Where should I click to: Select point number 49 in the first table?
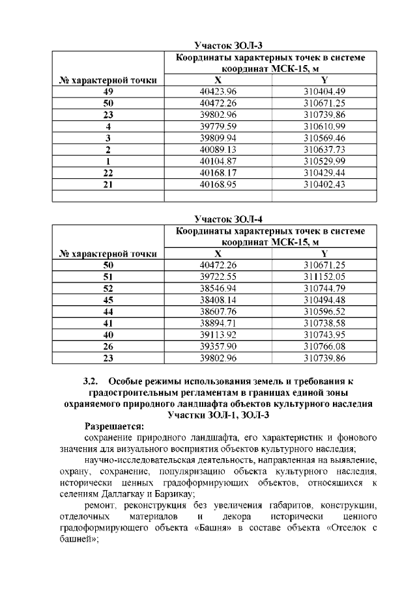point(108,91)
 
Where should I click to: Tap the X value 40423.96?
point(218,91)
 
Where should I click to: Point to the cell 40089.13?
point(218,149)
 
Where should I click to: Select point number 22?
point(108,172)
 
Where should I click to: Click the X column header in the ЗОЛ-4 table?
point(218,253)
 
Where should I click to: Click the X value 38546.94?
point(218,288)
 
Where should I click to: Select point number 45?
point(108,299)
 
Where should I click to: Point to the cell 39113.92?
point(218,335)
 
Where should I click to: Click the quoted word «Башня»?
point(213,528)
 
